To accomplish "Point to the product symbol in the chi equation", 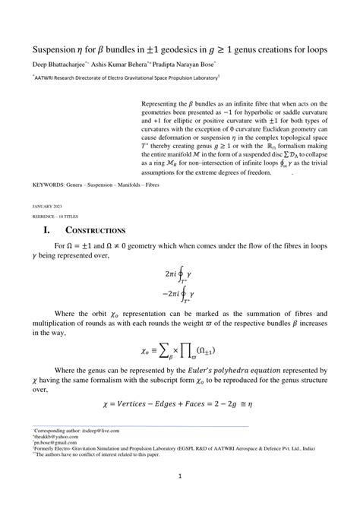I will [201, 351].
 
